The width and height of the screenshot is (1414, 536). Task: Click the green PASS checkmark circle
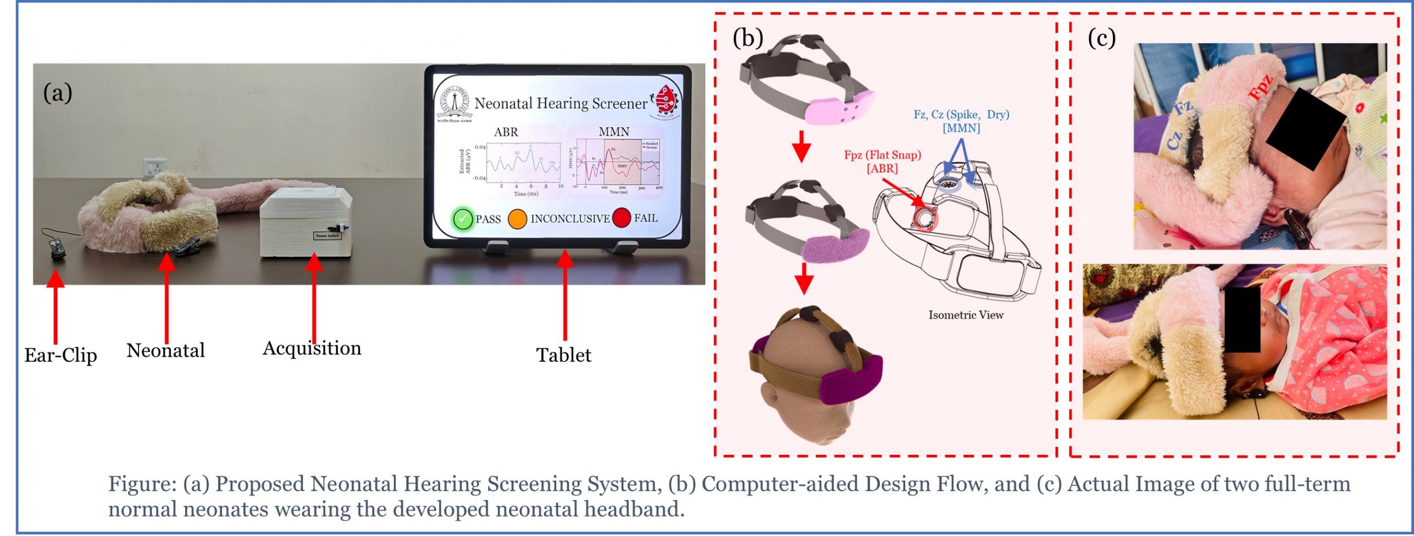462,219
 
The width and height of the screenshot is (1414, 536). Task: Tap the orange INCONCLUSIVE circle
517,219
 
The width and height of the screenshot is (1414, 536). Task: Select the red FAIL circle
621,217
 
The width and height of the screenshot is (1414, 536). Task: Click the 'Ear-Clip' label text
61,355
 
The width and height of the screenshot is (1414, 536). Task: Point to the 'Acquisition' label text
312,348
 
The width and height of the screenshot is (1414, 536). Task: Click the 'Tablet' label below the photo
563,355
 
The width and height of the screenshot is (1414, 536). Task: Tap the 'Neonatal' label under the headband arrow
166,351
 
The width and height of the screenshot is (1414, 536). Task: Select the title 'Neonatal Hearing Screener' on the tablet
561,103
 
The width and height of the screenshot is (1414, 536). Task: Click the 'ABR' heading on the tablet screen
506,132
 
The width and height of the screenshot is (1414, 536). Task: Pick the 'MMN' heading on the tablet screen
614,131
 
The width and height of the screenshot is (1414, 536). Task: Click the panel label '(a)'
57,93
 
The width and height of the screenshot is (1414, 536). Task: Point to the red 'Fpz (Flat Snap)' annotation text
882,155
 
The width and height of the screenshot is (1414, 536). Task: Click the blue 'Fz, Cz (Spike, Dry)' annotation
961,115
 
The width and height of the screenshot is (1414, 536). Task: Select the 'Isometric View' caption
965,315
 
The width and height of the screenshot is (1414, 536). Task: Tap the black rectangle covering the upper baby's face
1305,129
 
